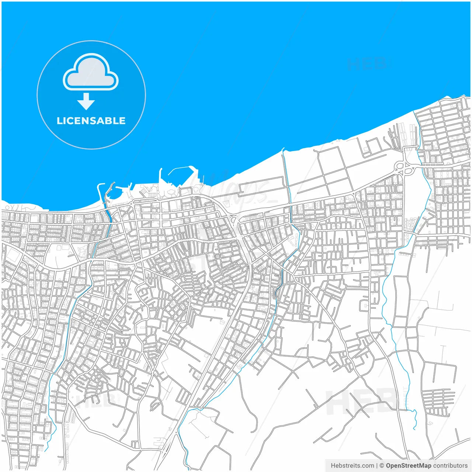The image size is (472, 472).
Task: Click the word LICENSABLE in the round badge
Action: pyautogui.click(x=91, y=121)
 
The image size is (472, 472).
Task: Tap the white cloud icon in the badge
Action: pyautogui.click(x=91, y=73)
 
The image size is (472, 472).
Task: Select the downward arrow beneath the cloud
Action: pyautogui.click(x=86, y=101)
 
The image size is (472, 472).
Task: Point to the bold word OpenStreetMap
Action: pyautogui.click(x=409, y=466)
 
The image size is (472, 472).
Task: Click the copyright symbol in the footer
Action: pyautogui.click(x=382, y=466)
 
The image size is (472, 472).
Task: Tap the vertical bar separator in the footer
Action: pyautogui.click(x=377, y=466)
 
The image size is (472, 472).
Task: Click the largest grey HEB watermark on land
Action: pyautogui.click(x=360, y=402)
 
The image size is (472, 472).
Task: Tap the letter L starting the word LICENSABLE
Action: pyautogui.click(x=59, y=121)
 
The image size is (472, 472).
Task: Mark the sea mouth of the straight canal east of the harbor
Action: pyautogui.click(x=283, y=149)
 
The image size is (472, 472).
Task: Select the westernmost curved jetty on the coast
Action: pyautogui.click(x=98, y=192)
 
